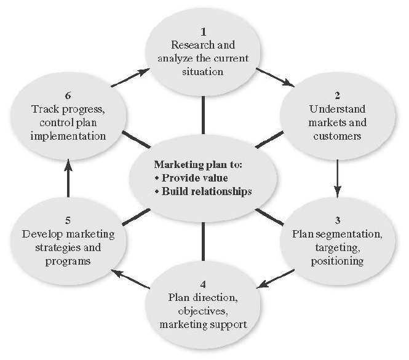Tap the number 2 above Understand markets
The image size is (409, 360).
[337, 96]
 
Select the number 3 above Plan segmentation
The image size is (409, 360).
[338, 220]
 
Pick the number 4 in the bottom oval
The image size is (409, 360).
[202, 284]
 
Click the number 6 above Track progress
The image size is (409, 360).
[68, 96]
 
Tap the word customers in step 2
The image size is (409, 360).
[337, 137]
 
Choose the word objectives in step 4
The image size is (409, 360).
[202, 311]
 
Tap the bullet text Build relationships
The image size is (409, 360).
[204, 191]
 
